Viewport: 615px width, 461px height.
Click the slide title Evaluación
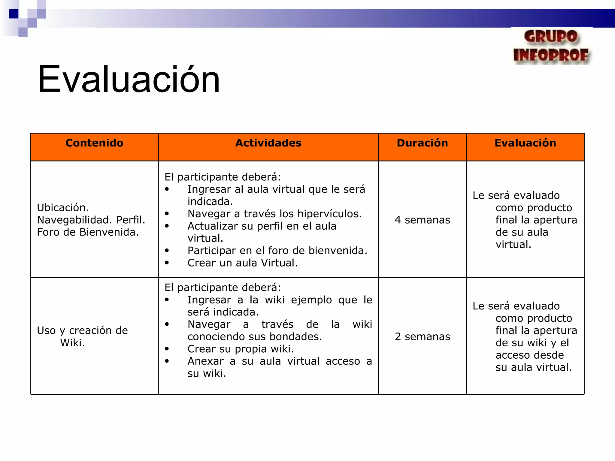129,80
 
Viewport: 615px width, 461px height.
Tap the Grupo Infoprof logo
552,47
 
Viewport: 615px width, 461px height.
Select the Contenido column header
94,143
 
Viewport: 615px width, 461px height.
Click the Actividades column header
268,143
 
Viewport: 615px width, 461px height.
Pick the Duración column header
422,143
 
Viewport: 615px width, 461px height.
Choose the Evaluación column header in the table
525,143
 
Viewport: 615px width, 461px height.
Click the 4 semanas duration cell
422,220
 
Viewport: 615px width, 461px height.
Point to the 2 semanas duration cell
422,337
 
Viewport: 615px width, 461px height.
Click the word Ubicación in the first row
63,208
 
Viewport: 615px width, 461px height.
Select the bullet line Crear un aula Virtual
242,263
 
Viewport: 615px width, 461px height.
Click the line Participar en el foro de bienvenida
277,251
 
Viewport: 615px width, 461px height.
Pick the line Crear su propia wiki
241,349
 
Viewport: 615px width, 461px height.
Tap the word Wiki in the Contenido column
72,343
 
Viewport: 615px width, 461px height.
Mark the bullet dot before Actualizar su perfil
167,226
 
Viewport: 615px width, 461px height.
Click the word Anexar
205,361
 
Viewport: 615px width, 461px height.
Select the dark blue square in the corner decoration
14,14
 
